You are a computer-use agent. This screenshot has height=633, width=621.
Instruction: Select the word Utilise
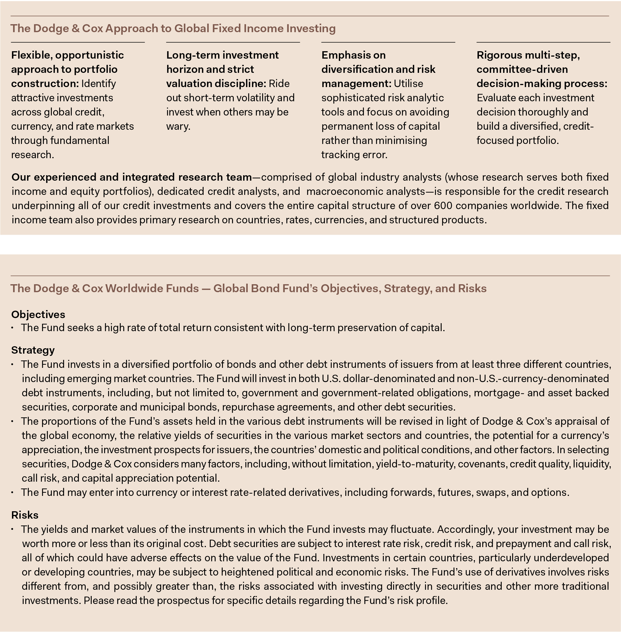pyautogui.click(x=408, y=83)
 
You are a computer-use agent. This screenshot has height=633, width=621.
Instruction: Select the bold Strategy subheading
pyautogui.click(x=33, y=350)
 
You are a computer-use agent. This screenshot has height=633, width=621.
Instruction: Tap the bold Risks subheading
pyautogui.click(x=25, y=515)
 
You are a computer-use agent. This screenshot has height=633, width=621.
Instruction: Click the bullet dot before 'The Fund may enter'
pyautogui.click(x=13, y=492)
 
